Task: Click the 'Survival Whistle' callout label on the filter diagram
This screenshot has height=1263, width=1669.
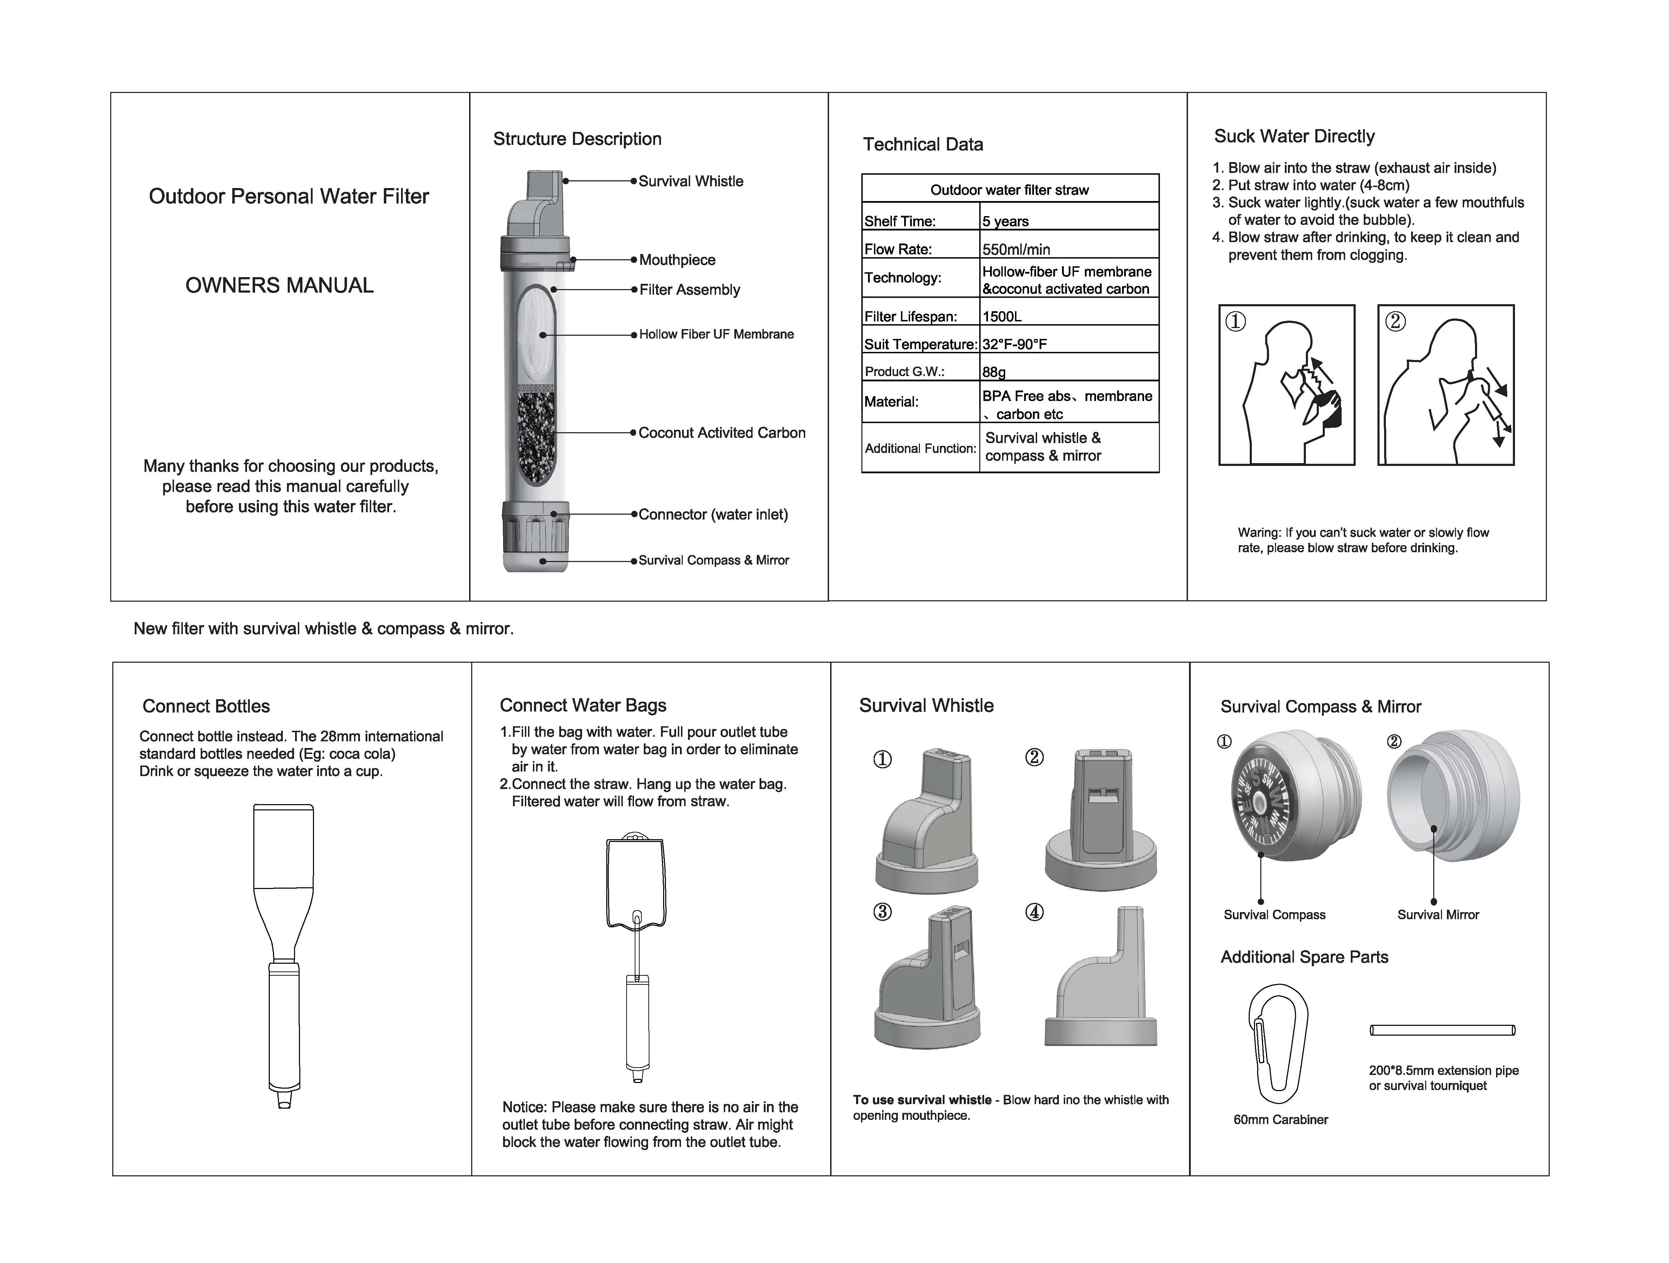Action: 690,181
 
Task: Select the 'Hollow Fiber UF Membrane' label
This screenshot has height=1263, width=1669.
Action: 716,334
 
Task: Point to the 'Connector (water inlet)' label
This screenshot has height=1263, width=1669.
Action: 713,515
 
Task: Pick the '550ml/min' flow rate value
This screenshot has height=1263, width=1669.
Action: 1016,249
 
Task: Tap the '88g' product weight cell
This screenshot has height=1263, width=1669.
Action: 994,372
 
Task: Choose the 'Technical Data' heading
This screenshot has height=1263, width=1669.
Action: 923,144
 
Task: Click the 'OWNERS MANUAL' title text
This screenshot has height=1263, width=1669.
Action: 279,285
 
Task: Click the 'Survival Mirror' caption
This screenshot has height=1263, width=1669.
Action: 1437,914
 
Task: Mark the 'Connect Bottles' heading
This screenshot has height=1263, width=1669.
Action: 206,706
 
